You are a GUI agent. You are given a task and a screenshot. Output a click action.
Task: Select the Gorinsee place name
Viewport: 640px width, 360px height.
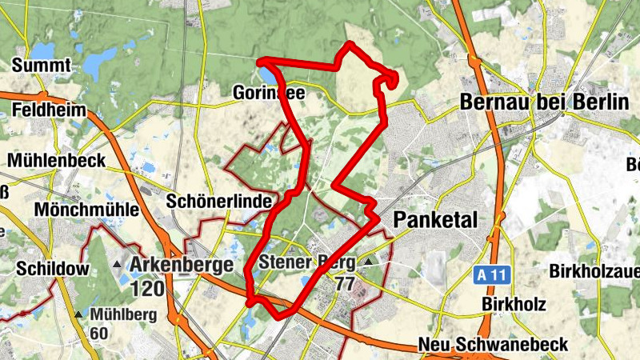click(268, 94)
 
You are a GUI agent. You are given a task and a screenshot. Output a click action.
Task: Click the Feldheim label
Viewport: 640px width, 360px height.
click(50, 110)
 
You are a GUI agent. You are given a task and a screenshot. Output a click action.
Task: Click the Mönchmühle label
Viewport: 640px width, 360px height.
click(88, 210)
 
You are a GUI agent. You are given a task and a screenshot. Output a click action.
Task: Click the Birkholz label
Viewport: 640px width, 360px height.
click(514, 304)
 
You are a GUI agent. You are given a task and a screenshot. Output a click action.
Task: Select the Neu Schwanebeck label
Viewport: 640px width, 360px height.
click(493, 345)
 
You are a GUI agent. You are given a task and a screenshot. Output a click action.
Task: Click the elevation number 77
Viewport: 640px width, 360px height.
click(345, 284)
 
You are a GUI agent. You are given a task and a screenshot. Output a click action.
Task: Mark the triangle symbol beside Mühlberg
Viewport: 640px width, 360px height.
click(78, 314)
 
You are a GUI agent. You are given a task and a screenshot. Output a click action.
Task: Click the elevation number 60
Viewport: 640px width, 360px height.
click(99, 333)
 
